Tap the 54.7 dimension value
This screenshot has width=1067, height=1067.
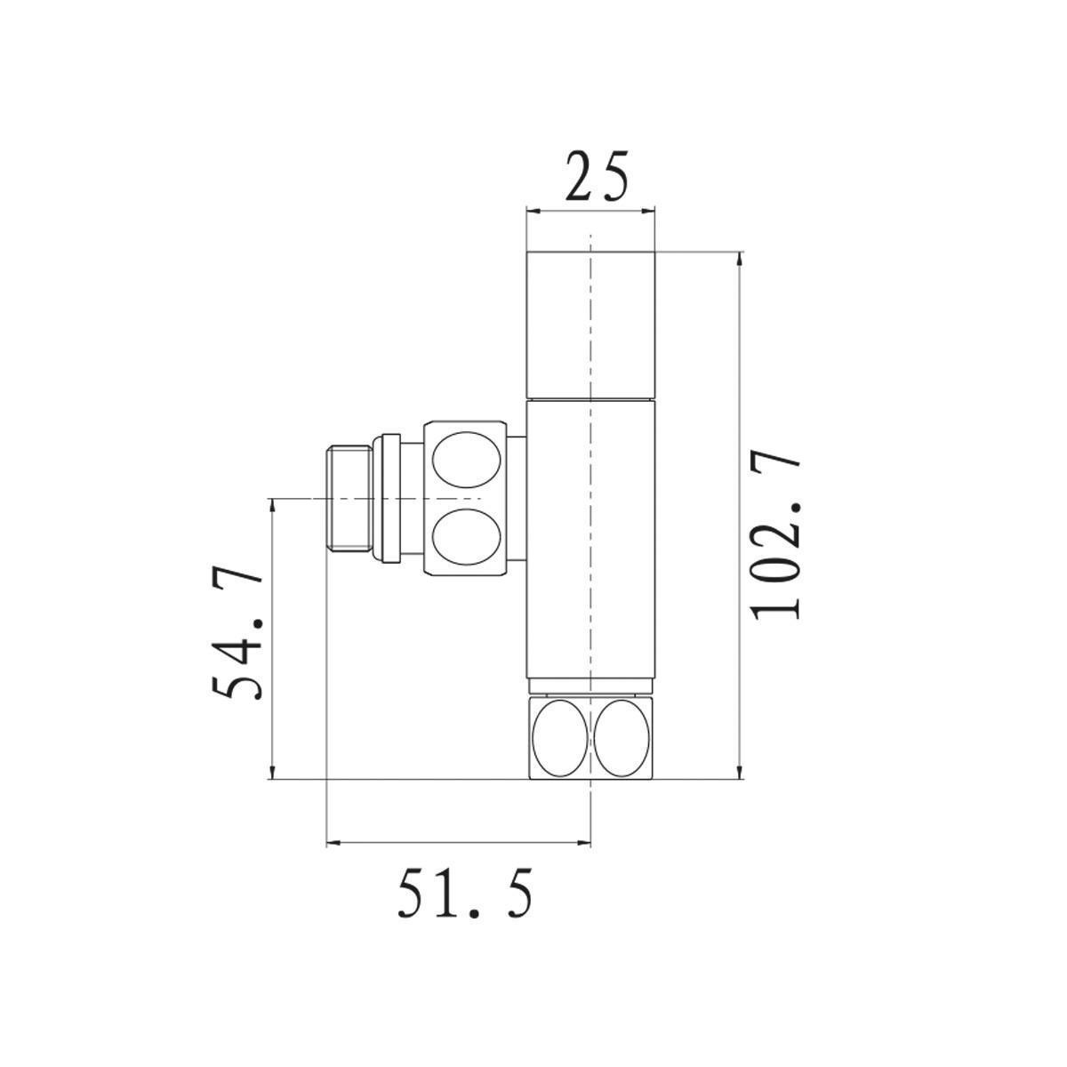pos(237,635)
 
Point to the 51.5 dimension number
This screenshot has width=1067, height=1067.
pos(465,895)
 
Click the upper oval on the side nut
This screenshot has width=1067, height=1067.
pos(465,459)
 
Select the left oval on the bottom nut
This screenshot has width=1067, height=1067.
pos(559,737)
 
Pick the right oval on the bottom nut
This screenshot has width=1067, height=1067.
pos(622,737)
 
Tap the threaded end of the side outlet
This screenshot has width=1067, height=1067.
pos(349,499)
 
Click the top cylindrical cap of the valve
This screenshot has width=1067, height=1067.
pos(591,325)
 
